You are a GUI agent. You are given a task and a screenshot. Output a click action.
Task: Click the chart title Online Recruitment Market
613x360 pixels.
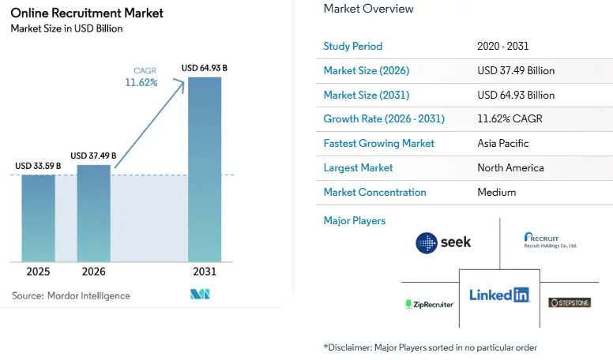[x=87, y=13]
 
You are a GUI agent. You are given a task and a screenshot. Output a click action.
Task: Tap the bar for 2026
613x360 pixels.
[x=93, y=213]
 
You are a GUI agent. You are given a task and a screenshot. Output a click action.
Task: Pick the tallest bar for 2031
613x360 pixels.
[x=204, y=169]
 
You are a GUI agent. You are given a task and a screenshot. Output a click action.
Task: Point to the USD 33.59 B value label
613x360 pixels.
[x=38, y=167]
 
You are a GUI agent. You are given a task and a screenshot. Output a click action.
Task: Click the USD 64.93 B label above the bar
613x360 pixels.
[x=204, y=68]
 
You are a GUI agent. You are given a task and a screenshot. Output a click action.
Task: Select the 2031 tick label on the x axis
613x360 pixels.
[x=204, y=272]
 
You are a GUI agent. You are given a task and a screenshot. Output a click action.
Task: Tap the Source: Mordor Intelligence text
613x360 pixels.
[x=71, y=295]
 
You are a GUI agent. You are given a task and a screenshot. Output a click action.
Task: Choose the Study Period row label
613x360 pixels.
[x=352, y=46]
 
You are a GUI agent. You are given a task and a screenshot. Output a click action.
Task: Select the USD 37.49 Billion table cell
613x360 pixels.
[x=516, y=70]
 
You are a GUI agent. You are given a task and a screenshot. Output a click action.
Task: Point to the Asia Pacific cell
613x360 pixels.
[x=503, y=144]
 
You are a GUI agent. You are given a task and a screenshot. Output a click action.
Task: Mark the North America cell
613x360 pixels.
[x=510, y=167]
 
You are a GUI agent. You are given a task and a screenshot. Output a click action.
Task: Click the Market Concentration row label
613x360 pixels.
[x=374, y=192]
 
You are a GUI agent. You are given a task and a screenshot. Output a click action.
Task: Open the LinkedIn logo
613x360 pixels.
[x=499, y=294]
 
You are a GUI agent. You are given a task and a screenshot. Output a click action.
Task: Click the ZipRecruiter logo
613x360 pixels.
[x=429, y=304]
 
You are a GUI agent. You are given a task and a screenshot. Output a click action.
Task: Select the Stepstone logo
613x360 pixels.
[x=570, y=302]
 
